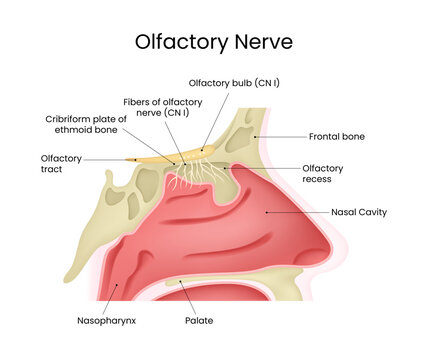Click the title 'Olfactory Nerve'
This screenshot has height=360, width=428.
click(x=214, y=43)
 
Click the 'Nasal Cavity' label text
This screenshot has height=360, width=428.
click(x=359, y=212)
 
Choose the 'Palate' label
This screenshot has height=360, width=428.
click(x=199, y=321)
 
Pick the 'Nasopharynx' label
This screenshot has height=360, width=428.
click(x=104, y=321)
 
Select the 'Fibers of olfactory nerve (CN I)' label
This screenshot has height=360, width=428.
click(x=158, y=107)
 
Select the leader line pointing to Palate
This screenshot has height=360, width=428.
click(x=189, y=299)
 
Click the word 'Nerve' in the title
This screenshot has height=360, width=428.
click(x=254, y=43)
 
